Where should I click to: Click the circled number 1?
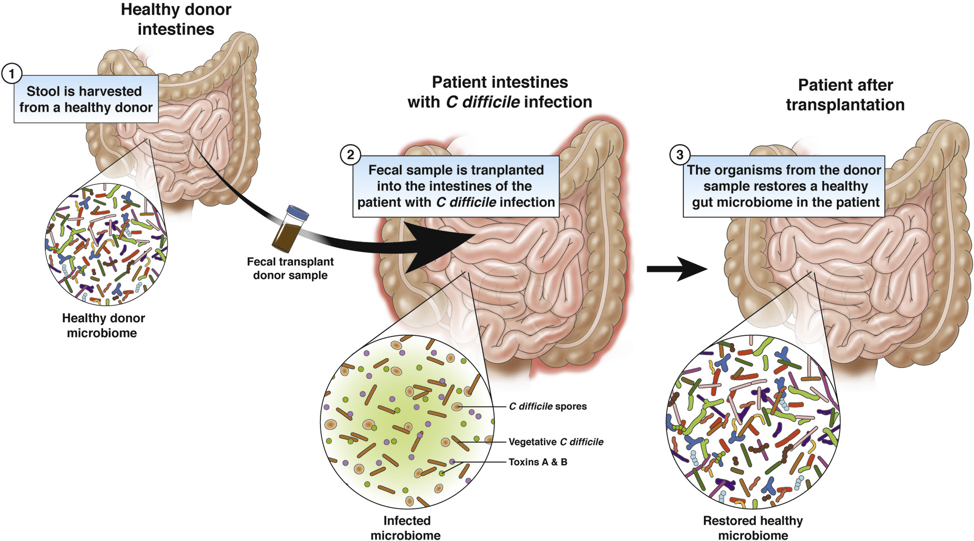[11, 74]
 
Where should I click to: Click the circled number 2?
[350, 155]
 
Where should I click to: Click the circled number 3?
[679, 155]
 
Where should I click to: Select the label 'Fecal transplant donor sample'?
[290, 268]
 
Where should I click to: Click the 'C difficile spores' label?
[548, 406]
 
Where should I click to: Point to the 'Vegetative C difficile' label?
[556, 442]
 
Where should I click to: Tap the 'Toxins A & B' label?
[538, 462]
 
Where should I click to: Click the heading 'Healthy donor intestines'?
[176, 19]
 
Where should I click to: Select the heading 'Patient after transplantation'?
[845, 95]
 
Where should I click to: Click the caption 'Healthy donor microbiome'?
[103, 325]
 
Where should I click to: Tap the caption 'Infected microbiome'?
[406, 527]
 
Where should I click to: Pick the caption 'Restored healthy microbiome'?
[753, 527]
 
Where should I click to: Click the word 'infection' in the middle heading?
[558, 102]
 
